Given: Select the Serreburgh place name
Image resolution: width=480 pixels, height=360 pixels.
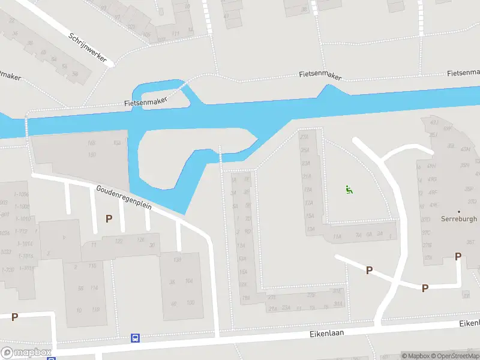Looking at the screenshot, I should [459, 219].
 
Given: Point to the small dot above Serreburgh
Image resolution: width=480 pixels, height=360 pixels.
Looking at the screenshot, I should [459, 211].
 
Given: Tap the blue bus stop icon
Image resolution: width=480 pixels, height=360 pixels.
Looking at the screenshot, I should [136, 338].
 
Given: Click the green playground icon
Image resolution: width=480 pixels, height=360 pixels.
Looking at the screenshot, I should [349, 190].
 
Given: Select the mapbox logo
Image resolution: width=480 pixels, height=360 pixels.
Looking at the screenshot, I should [26, 352].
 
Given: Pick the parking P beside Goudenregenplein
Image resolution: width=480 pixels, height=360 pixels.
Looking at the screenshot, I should [109, 218].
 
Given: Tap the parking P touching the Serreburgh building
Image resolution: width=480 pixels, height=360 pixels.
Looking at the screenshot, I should [458, 256].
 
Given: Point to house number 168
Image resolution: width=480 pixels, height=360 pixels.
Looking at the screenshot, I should [92, 143].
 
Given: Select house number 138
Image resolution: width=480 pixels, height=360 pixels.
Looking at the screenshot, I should [178, 259].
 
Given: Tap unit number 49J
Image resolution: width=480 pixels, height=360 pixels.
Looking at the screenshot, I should [434, 122].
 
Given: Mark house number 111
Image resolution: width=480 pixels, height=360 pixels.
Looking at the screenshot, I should [176, 33].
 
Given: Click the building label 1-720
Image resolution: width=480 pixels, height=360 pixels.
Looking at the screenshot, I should [8, 269].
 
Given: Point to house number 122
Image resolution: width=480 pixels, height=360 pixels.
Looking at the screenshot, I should [119, 241].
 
